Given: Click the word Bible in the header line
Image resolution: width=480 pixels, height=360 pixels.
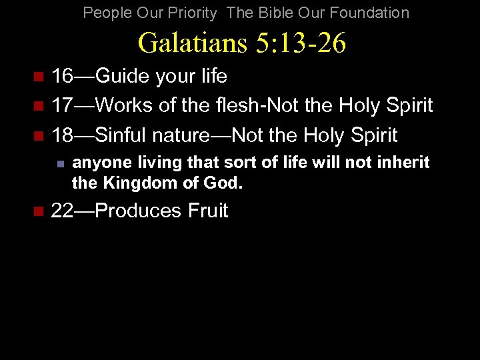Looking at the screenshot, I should click(278, 13).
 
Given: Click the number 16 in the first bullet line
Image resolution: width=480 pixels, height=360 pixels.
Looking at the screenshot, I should click(62, 77).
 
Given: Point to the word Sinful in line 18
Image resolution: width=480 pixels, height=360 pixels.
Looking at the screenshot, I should click(122, 135).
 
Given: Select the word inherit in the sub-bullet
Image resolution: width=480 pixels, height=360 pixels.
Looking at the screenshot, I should click(405, 163).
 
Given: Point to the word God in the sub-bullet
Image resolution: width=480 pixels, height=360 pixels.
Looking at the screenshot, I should click(225, 182).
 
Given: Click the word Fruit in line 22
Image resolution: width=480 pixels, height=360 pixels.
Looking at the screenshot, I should click(208, 211).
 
